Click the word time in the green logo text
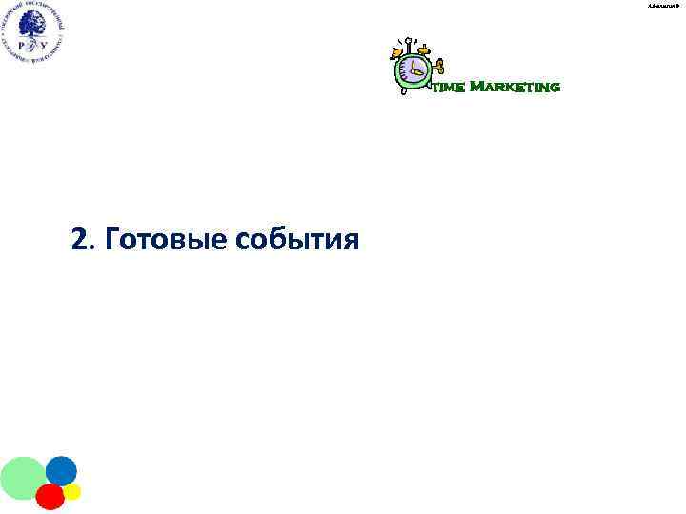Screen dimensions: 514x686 (449, 89)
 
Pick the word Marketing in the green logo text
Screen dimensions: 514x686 (514, 88)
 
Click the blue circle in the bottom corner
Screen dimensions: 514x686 (61, 471)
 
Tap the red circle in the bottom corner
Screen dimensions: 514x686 (50, 496)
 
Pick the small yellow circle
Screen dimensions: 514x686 (72, 492)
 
